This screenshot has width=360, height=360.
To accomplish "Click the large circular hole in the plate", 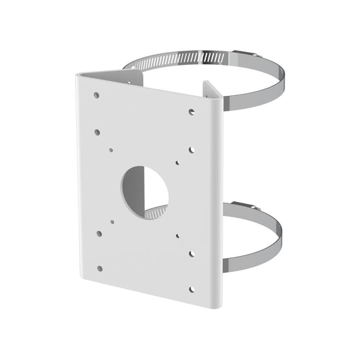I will click(x=145, y=190).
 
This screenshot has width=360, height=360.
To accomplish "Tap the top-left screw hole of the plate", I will click(x=97, y=95).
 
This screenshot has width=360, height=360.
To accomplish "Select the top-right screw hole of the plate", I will click(x=192, y=111).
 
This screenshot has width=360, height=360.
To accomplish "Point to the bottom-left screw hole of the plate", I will click(x=100, y=268).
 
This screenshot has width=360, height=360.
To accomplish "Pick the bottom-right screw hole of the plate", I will click(x=191, y=288).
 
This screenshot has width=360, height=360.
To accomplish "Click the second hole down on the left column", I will click(x=97, y=132).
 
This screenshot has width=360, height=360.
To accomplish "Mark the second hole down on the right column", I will click(x=192, y=149).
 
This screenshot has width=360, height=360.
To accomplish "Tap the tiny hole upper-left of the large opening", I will click(x=111, y=149).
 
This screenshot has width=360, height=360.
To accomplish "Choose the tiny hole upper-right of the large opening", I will click(x=178, y=162).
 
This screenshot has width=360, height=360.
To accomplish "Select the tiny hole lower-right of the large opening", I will click(x=178, y=236).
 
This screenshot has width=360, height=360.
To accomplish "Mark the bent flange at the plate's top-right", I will click(x=210, y=91).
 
